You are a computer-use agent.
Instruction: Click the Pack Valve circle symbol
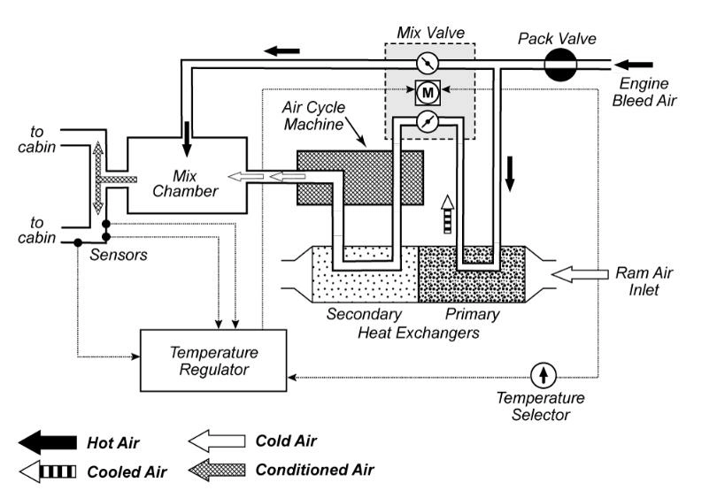coord(560,65)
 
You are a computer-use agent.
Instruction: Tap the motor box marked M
coord(428,91)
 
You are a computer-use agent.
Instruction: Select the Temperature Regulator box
coord(213,360)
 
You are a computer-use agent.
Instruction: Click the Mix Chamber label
coord(184,180)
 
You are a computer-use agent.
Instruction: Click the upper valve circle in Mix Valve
coord(427,63)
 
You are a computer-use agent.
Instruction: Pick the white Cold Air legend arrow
coord(217,440)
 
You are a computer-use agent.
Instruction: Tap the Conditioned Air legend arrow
coord(217,470)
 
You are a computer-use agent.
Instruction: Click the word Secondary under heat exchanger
coord(364,314)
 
